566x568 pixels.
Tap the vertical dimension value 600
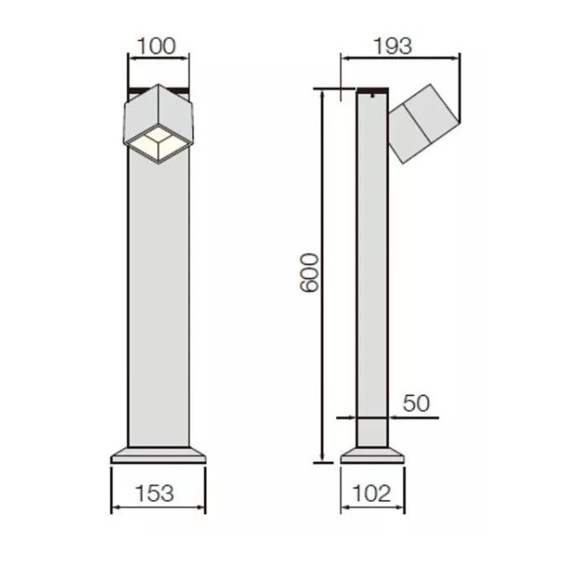coord(309,271)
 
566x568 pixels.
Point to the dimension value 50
coord(415,403)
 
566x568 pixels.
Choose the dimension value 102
coord(372,493)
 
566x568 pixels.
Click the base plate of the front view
coord(158,455)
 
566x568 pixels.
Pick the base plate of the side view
coord(372,455)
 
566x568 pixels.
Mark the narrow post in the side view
coord(371,277)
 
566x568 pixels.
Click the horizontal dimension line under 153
coord(158,508)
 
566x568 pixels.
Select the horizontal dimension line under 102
coord(372,508)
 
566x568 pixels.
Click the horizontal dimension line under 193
coord(399,58)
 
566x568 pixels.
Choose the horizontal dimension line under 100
coord(158,58)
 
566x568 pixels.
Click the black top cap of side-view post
coord(371,91)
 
